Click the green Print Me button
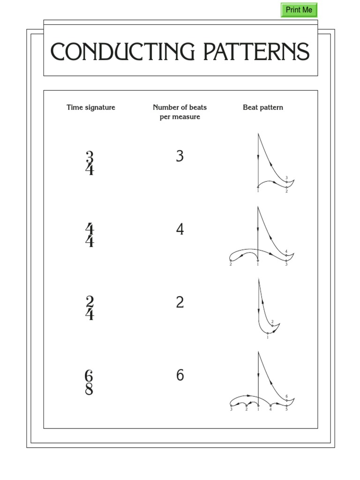point(299,10)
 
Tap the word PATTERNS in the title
point(256,52)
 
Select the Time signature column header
point(91,107)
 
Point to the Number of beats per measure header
point(180,112)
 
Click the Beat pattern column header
point(263,107)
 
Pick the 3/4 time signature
point(90,163)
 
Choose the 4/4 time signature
point(90,235)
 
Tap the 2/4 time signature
point(90,308)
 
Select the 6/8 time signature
point(89,382)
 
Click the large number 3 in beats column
point(180,157)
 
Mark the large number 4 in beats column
point(180,230)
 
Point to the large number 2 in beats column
point(180,303)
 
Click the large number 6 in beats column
point(180,375)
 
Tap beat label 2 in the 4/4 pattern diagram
point(231,264)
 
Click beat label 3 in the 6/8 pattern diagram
point(231,409)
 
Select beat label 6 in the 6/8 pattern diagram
point(286,397)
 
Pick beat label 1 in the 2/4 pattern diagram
point(268,337)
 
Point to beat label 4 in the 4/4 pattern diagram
point(286,252)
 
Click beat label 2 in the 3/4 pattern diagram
point(286,191)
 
